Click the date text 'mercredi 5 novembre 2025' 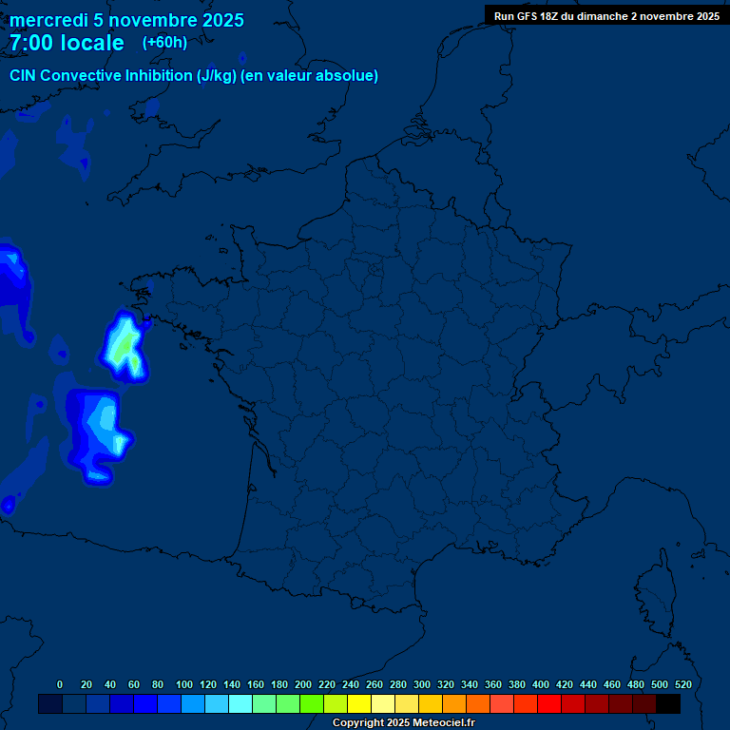pos(126,21)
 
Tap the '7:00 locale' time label pos(67,44)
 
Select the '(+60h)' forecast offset pos(164,43)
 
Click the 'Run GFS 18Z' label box pos(606,16)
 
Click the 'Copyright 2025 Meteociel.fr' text pos(403,723)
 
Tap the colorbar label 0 pos(60,684)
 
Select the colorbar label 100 pos(184,684)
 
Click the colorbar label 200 pos(303,684)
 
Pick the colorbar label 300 pos(422,684)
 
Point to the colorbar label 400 pos(541,684)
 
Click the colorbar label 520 pos(682,684)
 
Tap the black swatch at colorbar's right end pos(668,704)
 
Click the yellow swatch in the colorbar pos(359,704)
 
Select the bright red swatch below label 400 pos(549,704)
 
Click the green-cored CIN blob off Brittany pos(125,347)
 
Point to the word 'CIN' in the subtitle pos(23,76)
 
